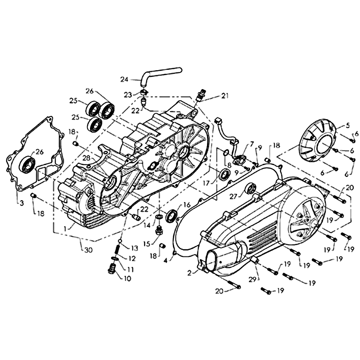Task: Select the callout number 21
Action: [x=224, y=96]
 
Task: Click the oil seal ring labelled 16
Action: [x=171, y=216]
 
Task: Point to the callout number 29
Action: [x=252, y=279]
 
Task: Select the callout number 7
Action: [x=252, y=143]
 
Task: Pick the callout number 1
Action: [x=65, y=228]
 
